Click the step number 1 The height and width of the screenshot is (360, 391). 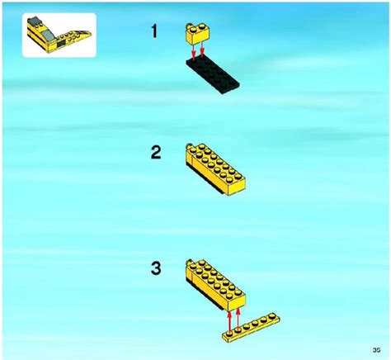pyautogui.click(x=155, y=31)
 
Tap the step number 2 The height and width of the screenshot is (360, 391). pyautogui.click(x=156, y=153)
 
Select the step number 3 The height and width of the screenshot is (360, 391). pyautogui.click(x=156, y=268)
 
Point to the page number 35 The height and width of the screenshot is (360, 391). pyautogui.click(x=376, y=350)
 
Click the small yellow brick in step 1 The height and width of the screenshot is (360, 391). pyautogui.click(x=197, y=34)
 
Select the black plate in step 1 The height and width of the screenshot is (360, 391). pyautogui.click(x=213, y=75)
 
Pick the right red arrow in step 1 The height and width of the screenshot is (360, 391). pyautogui.click(x=202, y=50)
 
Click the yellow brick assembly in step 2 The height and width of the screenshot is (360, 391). pyautogui.click(x=215, y=169)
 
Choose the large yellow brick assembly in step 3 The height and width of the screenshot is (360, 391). pyautogui.click(x=215, y=285)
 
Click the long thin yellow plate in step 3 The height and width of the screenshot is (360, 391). pyautogui.click(x=251, y=328)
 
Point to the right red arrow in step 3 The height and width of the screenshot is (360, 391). pyautogui.click(x=238, y=318)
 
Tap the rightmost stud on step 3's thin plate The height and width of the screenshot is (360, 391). pyautogui.click(x=272, y=315)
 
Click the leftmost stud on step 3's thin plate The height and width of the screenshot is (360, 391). pyautogui.click(x=229, y=334)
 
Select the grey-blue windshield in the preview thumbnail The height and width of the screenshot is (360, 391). pyautogui.click(x=48, y=36)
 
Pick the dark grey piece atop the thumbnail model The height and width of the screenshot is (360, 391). pyautogui.click(x=34, y=21)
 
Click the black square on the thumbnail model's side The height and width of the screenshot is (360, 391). pyautogui.click(x=61, y=43)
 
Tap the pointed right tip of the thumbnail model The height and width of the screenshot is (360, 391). pyautogui.click(x=91, y=34)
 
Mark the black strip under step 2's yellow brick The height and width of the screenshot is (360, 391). pyautogui.click(x=205, y=179)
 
